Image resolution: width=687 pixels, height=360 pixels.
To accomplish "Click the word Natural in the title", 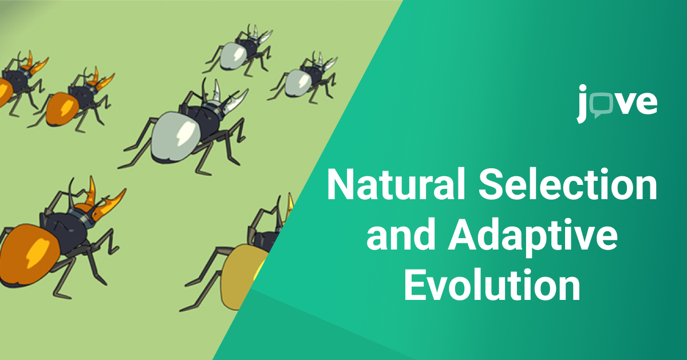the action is coord(396,184).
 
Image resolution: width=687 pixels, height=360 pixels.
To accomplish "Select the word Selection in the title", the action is coord(568,184).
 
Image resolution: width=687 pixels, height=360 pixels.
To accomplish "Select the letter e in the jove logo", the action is coord(646,104).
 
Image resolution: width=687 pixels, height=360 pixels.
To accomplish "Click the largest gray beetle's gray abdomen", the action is coord(175,136).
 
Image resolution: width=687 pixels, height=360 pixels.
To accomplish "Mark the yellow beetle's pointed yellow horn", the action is coord(290,205).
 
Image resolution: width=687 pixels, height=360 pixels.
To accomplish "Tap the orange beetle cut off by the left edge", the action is coord(20,83).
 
